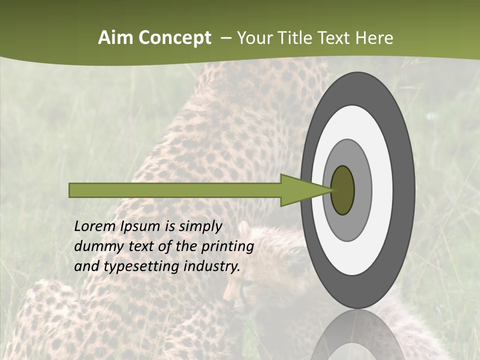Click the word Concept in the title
[175, 38]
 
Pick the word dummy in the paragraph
[95, 246]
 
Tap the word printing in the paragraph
[227, 246]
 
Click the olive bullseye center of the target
[343, 190]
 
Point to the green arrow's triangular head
[300, 190]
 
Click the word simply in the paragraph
[200, 227]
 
